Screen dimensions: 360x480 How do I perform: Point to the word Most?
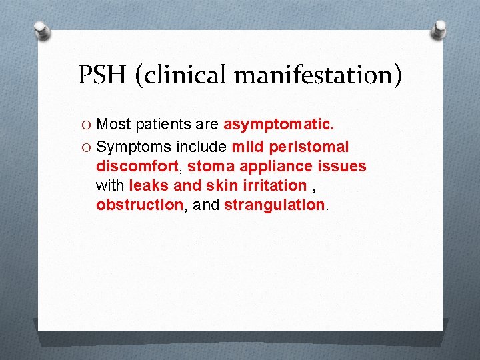click(114, 125)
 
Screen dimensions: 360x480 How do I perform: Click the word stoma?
click(209, 166)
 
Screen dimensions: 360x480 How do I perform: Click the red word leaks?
click(149, 185)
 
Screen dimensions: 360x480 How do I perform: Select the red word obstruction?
click(139, 205)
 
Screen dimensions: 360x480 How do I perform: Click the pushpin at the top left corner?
click(41, 30)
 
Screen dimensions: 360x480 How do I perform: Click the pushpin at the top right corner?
click(439, 29)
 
